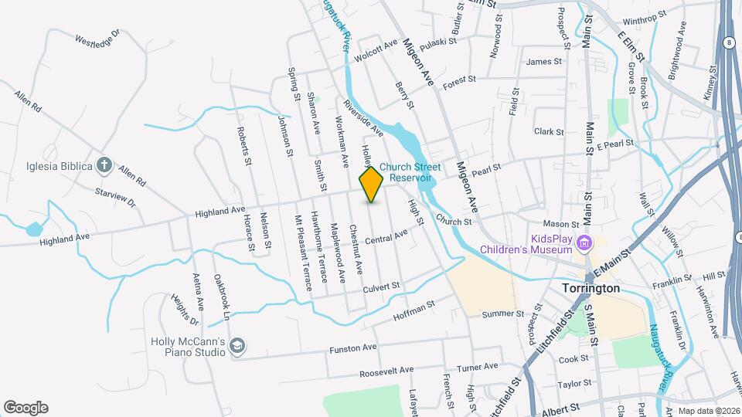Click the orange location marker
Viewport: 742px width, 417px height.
372,185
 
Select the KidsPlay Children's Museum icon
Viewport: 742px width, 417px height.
585,243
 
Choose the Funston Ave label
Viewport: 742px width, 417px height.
352,348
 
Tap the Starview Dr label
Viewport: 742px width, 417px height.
115,197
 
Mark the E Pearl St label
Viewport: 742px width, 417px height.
615,144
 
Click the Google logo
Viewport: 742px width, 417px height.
26,407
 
